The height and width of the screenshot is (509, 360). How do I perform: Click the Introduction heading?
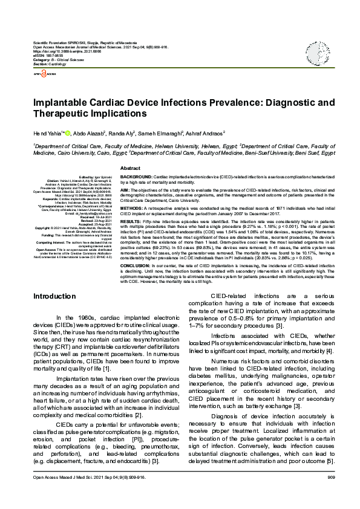click(54, 296)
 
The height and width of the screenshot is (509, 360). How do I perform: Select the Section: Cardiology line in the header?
click(48, 63)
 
